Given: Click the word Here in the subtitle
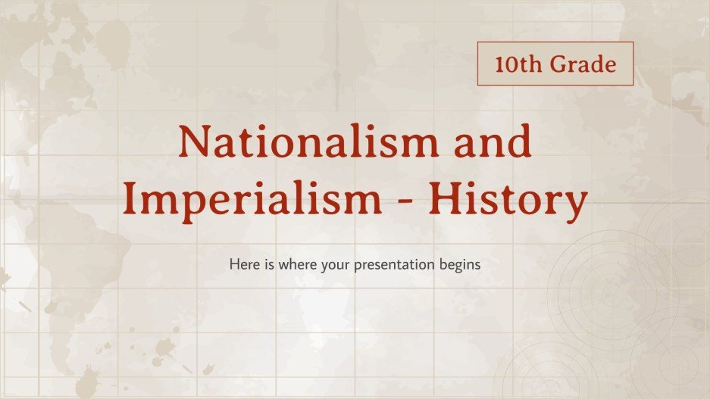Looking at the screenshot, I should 242,266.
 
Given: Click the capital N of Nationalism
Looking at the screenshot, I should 195,142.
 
